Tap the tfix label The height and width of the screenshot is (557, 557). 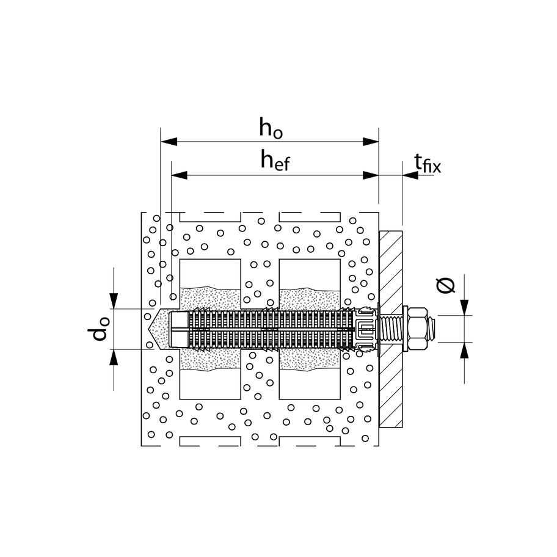[x=427, y=163]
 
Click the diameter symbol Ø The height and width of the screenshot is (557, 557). [x=448, y=285]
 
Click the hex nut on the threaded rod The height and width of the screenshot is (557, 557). [x=419, y=329]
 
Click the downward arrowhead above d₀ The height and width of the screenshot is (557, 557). [x=114, y=302]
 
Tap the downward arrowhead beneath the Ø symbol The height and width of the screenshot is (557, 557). [x=465, y=308]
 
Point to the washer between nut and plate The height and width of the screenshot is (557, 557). [x=406, y=329]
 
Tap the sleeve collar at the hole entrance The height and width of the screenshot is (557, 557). [x=365, y=329]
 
